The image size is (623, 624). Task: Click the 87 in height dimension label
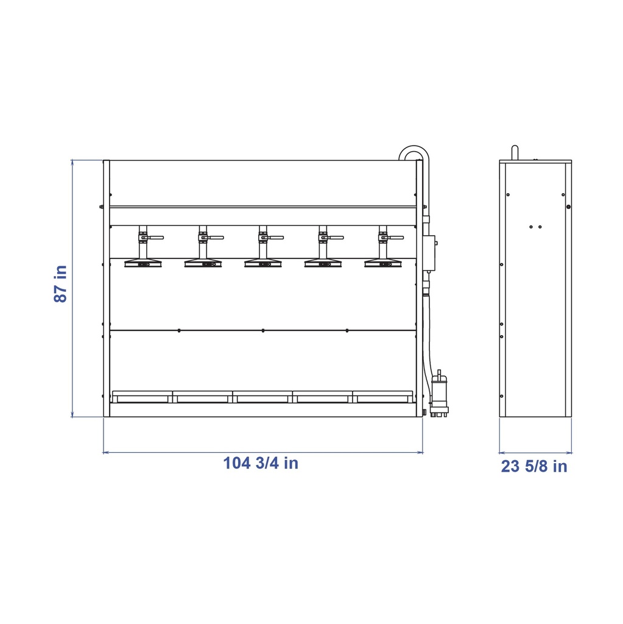click(61, 284)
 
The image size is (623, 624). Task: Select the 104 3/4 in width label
click(261, 463)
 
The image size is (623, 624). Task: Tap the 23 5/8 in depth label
click(534, 466)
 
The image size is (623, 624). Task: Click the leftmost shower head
click(143, 263)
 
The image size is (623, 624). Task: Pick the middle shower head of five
click(263, 263)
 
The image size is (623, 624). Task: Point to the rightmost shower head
click(383, 263)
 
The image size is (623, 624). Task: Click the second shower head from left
click(203, 263)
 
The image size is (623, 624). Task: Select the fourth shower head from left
click(323, 263)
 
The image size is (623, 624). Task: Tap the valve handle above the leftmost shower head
click(155, 238)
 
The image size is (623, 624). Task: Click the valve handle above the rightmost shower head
click(395, 238)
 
